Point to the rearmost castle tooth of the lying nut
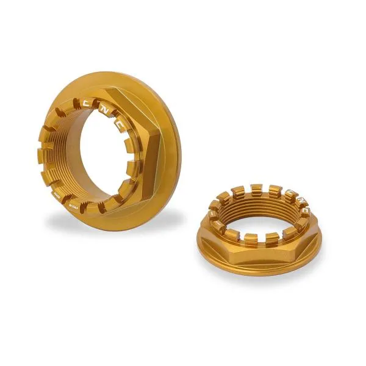[256, 189]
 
